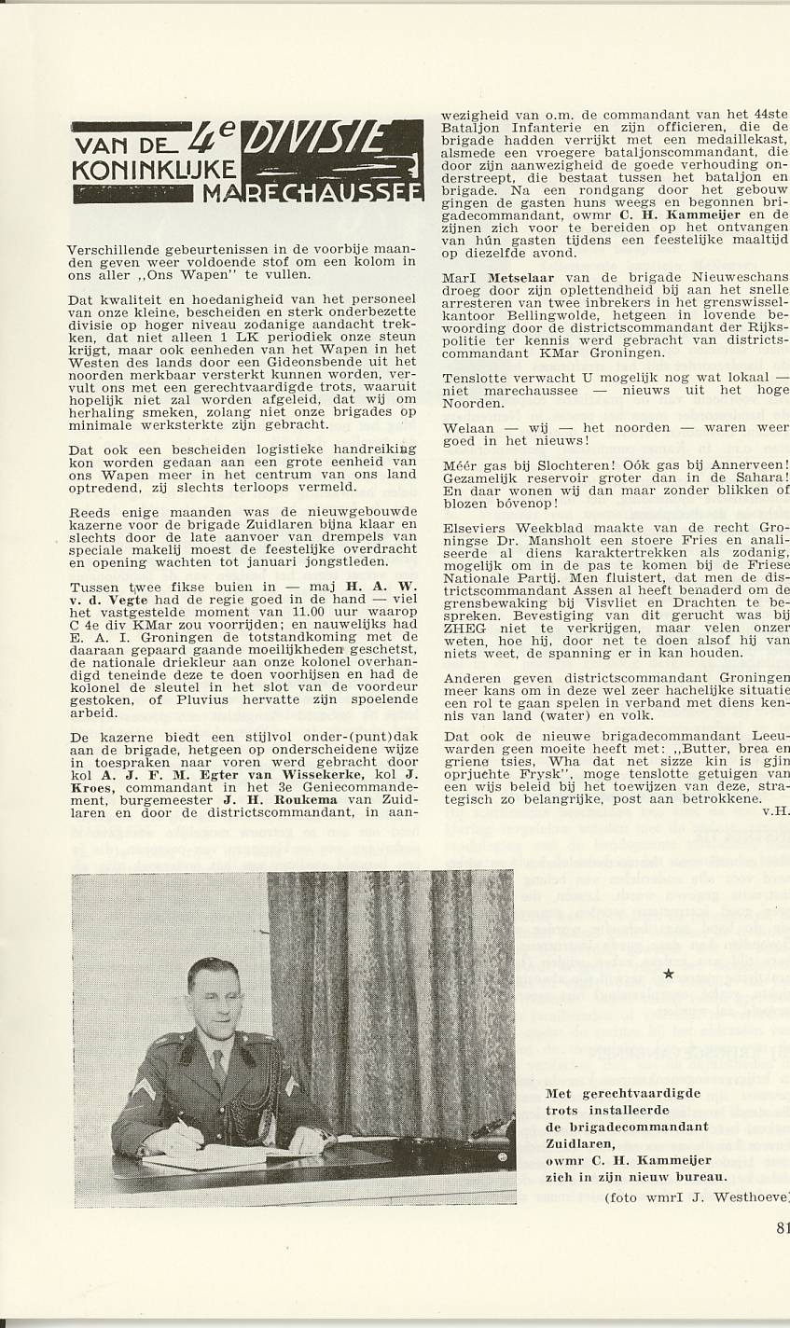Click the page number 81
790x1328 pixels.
[781, 1227]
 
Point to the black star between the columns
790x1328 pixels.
[668, 975]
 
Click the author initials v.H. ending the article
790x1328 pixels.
[775, 810]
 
